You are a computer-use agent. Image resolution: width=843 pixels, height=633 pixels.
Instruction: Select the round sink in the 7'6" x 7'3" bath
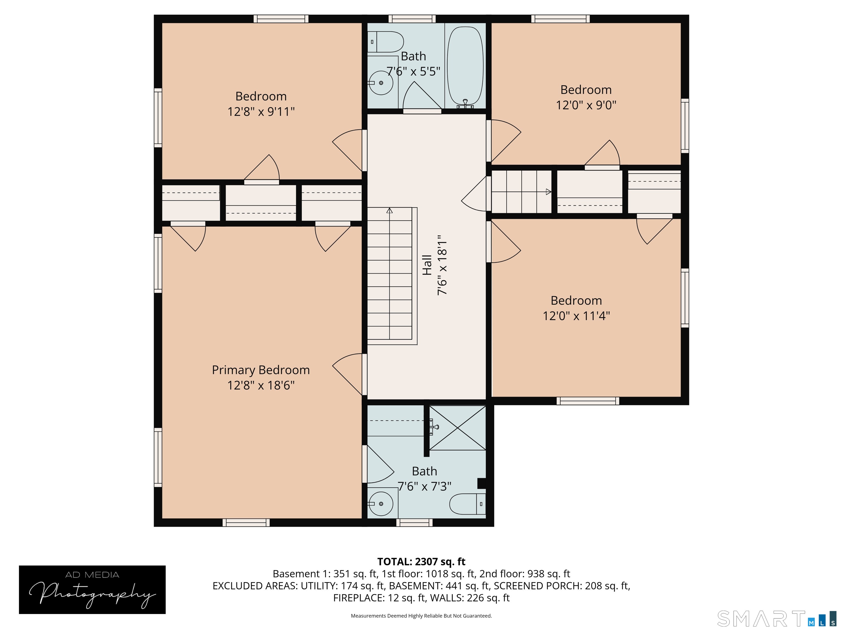pyautogui.click(x=381, y=504)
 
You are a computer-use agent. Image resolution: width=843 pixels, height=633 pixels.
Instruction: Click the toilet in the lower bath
pyautogui.click(x=467, y=504)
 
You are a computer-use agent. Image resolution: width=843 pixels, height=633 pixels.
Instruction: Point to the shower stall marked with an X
pyautogui.click(x=457, y=428)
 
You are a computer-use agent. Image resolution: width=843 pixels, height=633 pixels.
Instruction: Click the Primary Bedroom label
pyautogui.click(x=261, y=370)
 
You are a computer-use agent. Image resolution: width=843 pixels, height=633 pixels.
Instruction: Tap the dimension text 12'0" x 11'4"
pyautogui.click(x=576, y=316)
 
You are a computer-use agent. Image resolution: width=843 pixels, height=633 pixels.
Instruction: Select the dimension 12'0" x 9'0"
pyautogui.click(x=586, y=105)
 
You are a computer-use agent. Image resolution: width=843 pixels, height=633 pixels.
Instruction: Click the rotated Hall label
pyautogui.click(x=427, y=265)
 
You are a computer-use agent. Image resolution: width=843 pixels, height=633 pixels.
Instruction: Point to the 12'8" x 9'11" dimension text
pyautogui.click(x=261, y=112)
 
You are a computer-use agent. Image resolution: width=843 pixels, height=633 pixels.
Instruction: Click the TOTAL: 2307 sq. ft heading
pyautogui.click(x=421, y=562)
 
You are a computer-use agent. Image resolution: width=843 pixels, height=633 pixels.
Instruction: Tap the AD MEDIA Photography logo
pyautogui.click(x=92, y=590)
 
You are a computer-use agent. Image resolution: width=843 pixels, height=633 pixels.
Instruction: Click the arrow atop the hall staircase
pyautogui.click(x=389, y=210)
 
